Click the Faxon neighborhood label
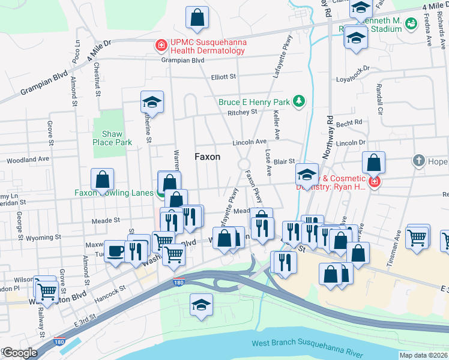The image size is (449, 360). pyautogui.click(x=207, y=157)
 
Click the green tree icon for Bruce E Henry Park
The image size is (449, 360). pyautogui.click(x=299, y=102)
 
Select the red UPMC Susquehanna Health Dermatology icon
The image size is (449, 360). pyautogui.click(x=160, y=45)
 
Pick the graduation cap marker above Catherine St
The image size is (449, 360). pyautogui.click(x=152, y=103)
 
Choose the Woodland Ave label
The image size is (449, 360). pyautogui.click(x=28, y=161)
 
